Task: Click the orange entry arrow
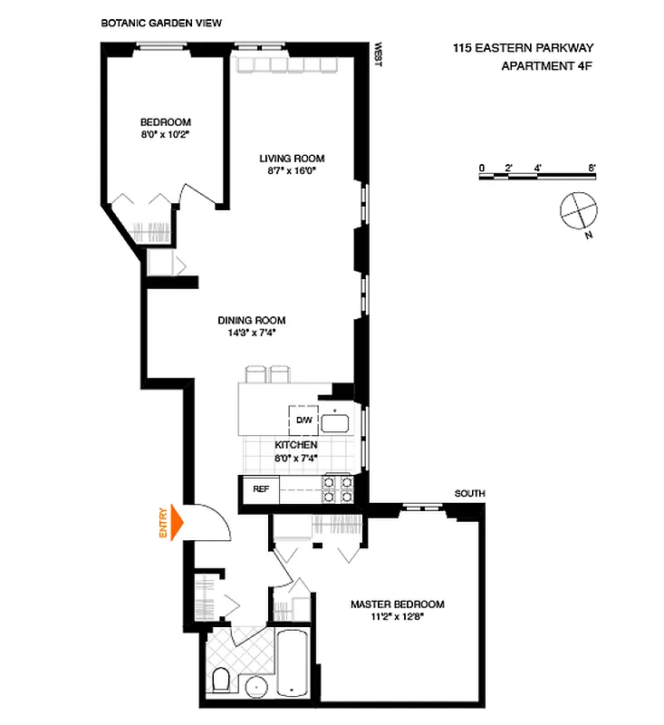click(176, 522)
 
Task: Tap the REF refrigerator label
click(261, 489)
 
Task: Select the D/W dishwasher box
click(303, 420)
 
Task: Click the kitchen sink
click(337, 421)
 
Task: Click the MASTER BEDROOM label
click(398, 604)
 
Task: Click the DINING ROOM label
click(251, 320)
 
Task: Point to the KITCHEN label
click(296, 445)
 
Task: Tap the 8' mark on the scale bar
click(591, 167)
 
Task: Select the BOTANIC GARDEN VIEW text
click(161, 21)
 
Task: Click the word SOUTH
click(470, 493)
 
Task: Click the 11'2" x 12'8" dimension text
click(398, 618)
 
